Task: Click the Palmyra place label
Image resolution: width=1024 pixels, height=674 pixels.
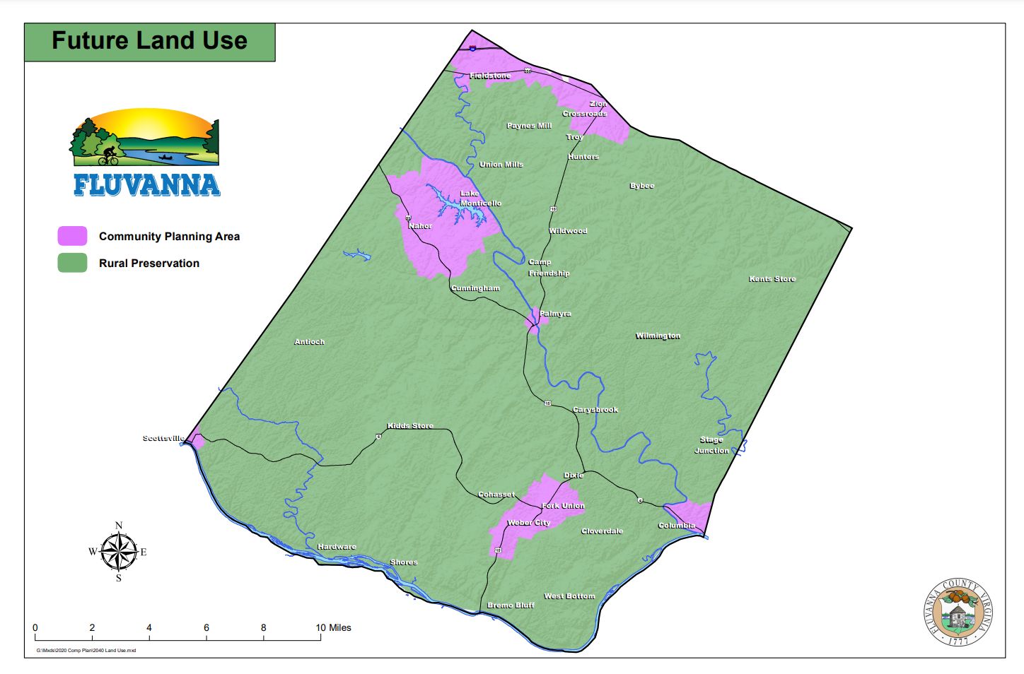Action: [555, 314]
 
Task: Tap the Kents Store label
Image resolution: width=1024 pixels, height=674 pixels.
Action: [772, 279]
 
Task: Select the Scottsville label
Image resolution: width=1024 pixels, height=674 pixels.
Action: [163, 439]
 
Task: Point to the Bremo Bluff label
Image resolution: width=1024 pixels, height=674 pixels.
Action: [511, 605]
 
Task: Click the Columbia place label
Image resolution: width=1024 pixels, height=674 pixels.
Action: [677, 526]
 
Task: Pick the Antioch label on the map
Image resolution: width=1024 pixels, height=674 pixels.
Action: [310, 342]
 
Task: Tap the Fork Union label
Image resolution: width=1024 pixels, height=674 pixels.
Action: [563, 506]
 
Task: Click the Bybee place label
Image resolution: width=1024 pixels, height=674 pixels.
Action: [642, 186]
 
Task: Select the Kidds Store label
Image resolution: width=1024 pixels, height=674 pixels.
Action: [410, 426]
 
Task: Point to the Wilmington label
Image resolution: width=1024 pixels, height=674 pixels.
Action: [658, 336]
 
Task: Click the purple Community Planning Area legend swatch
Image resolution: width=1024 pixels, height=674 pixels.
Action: [73, 236]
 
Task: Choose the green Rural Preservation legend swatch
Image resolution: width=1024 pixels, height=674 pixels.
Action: [73, 263]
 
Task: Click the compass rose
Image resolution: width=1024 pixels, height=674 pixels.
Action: [118, 552]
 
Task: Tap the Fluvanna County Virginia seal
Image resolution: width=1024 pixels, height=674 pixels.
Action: [959, 612]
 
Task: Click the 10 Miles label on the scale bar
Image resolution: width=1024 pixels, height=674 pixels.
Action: [333, 627]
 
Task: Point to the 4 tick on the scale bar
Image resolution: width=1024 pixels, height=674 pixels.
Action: [149, 627]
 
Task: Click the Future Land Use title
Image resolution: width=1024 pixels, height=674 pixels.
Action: [149, 41]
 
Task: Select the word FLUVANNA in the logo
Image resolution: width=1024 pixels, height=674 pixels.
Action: [146, 185]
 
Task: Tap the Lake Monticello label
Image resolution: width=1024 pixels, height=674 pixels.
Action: [480, 199]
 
